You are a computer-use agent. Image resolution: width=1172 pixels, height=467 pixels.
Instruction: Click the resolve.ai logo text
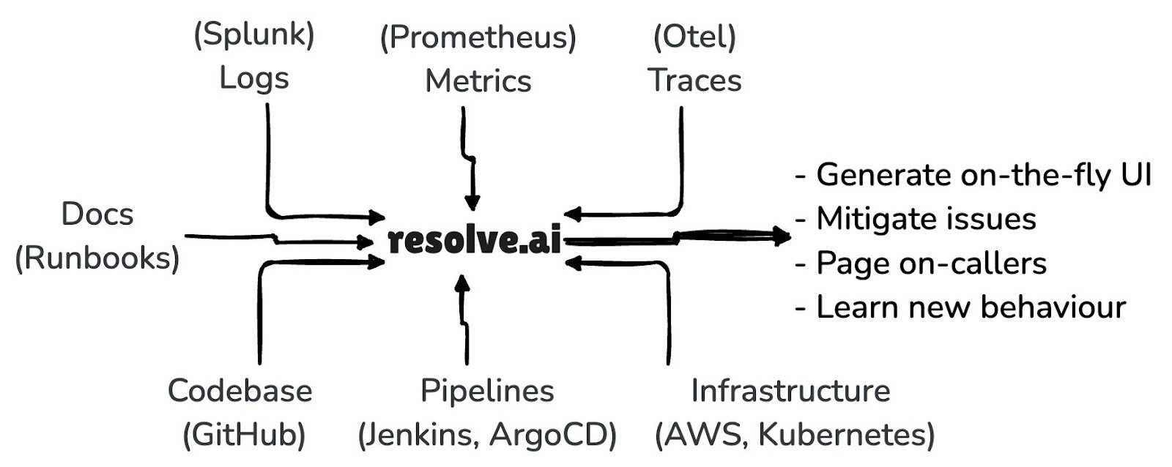coord(475,240)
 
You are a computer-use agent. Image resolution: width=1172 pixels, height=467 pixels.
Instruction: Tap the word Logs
coord(254,78)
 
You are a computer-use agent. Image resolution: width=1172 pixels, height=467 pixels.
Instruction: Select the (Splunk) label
coord(254,35)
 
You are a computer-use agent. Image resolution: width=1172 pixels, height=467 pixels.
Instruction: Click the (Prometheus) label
coord(478,37)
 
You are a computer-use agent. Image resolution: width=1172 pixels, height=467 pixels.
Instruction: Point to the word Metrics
coord(478,81)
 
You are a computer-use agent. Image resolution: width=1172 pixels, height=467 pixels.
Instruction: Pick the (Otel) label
coord(694,37)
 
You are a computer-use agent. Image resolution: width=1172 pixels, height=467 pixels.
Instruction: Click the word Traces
coord(695,81)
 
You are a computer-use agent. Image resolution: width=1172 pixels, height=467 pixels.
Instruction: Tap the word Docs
coord(97,214)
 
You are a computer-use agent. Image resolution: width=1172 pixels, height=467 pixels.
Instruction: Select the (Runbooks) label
coord(97,258)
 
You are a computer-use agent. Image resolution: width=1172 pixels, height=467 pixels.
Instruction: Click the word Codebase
coord(240,391)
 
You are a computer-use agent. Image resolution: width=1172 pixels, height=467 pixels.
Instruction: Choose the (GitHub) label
coord(244,436)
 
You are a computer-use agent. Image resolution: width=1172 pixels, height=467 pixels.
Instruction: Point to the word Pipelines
coord(487,391)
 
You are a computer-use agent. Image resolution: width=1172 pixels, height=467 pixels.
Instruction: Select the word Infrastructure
coord(790,391)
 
